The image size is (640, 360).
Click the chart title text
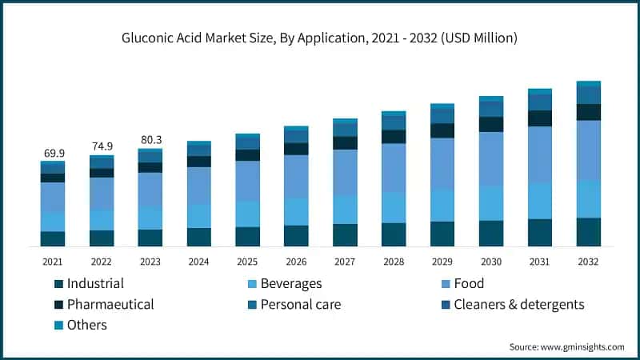(x=319, y=38)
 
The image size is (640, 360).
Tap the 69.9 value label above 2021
(x=53, y=152)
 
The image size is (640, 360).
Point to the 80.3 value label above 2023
(x=150, y=139)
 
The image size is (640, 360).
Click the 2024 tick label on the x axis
(x=198, y=262)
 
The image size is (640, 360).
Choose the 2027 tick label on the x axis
(x=345, y=262)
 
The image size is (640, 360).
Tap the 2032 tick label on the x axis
(x=588, y=262)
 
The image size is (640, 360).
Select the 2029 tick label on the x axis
(x=442, y=262)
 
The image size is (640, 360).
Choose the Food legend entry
(x=468, y=283)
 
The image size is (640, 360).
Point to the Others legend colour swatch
(x=58, y=325)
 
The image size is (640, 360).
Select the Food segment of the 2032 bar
(x=588, y=150)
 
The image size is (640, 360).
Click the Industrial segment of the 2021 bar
(x=53, y=238)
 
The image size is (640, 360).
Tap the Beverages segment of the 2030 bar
(x=491, y=203)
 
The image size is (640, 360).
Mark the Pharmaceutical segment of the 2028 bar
(x=394, y=137)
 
